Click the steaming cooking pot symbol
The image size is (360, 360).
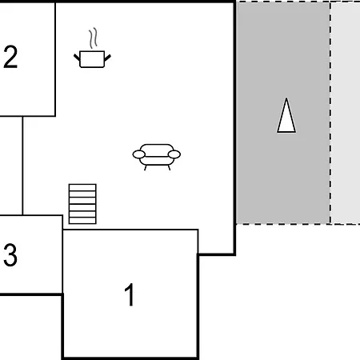[92, 48]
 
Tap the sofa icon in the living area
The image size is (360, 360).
[157, 157]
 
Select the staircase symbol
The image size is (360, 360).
[82, 204]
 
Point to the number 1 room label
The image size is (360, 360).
[130, 294]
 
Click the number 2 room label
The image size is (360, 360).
[10, 57]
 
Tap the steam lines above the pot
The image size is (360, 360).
[93, 38]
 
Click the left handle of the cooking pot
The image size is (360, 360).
[77, 57]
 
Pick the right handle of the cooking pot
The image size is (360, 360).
[107, 58]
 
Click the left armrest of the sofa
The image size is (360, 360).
[139, 154]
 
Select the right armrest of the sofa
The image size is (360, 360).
[174, 154]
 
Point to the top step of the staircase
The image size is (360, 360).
[82, 187]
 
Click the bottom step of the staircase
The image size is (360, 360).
[82, 221]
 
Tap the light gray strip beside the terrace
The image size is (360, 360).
[346, 113]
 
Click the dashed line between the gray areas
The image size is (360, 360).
[330, 113]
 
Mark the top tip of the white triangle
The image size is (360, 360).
[286, 98]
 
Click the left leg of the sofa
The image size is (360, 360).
[146, 168]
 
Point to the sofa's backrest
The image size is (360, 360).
[157, 150]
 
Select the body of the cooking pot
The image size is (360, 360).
[92, 59]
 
